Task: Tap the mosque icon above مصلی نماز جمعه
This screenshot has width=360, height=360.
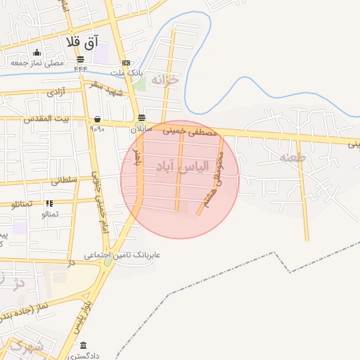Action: click(x=37, y=53)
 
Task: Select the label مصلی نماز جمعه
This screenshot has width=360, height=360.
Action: click(x=37, y=63)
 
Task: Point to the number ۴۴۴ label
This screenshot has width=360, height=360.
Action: click(x=80, y=69)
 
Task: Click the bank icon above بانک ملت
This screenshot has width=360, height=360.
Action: click(x=126, y=63)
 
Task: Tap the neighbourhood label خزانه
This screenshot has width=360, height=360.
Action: click(x=166, y=79)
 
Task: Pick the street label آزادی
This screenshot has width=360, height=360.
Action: click(x=56, y=92)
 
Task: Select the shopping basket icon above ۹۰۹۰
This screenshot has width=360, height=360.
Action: click(x=96, y=119)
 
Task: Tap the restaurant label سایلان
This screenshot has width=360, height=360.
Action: click(x=141, y=129)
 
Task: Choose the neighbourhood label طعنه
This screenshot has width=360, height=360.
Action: click(x=292, y=157)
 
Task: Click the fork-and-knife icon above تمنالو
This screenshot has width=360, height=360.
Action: click(x=49, y=202)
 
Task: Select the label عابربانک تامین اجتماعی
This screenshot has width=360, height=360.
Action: click(x=122, y=255)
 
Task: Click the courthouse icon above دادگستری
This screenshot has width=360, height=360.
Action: click(x=84, y=345)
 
